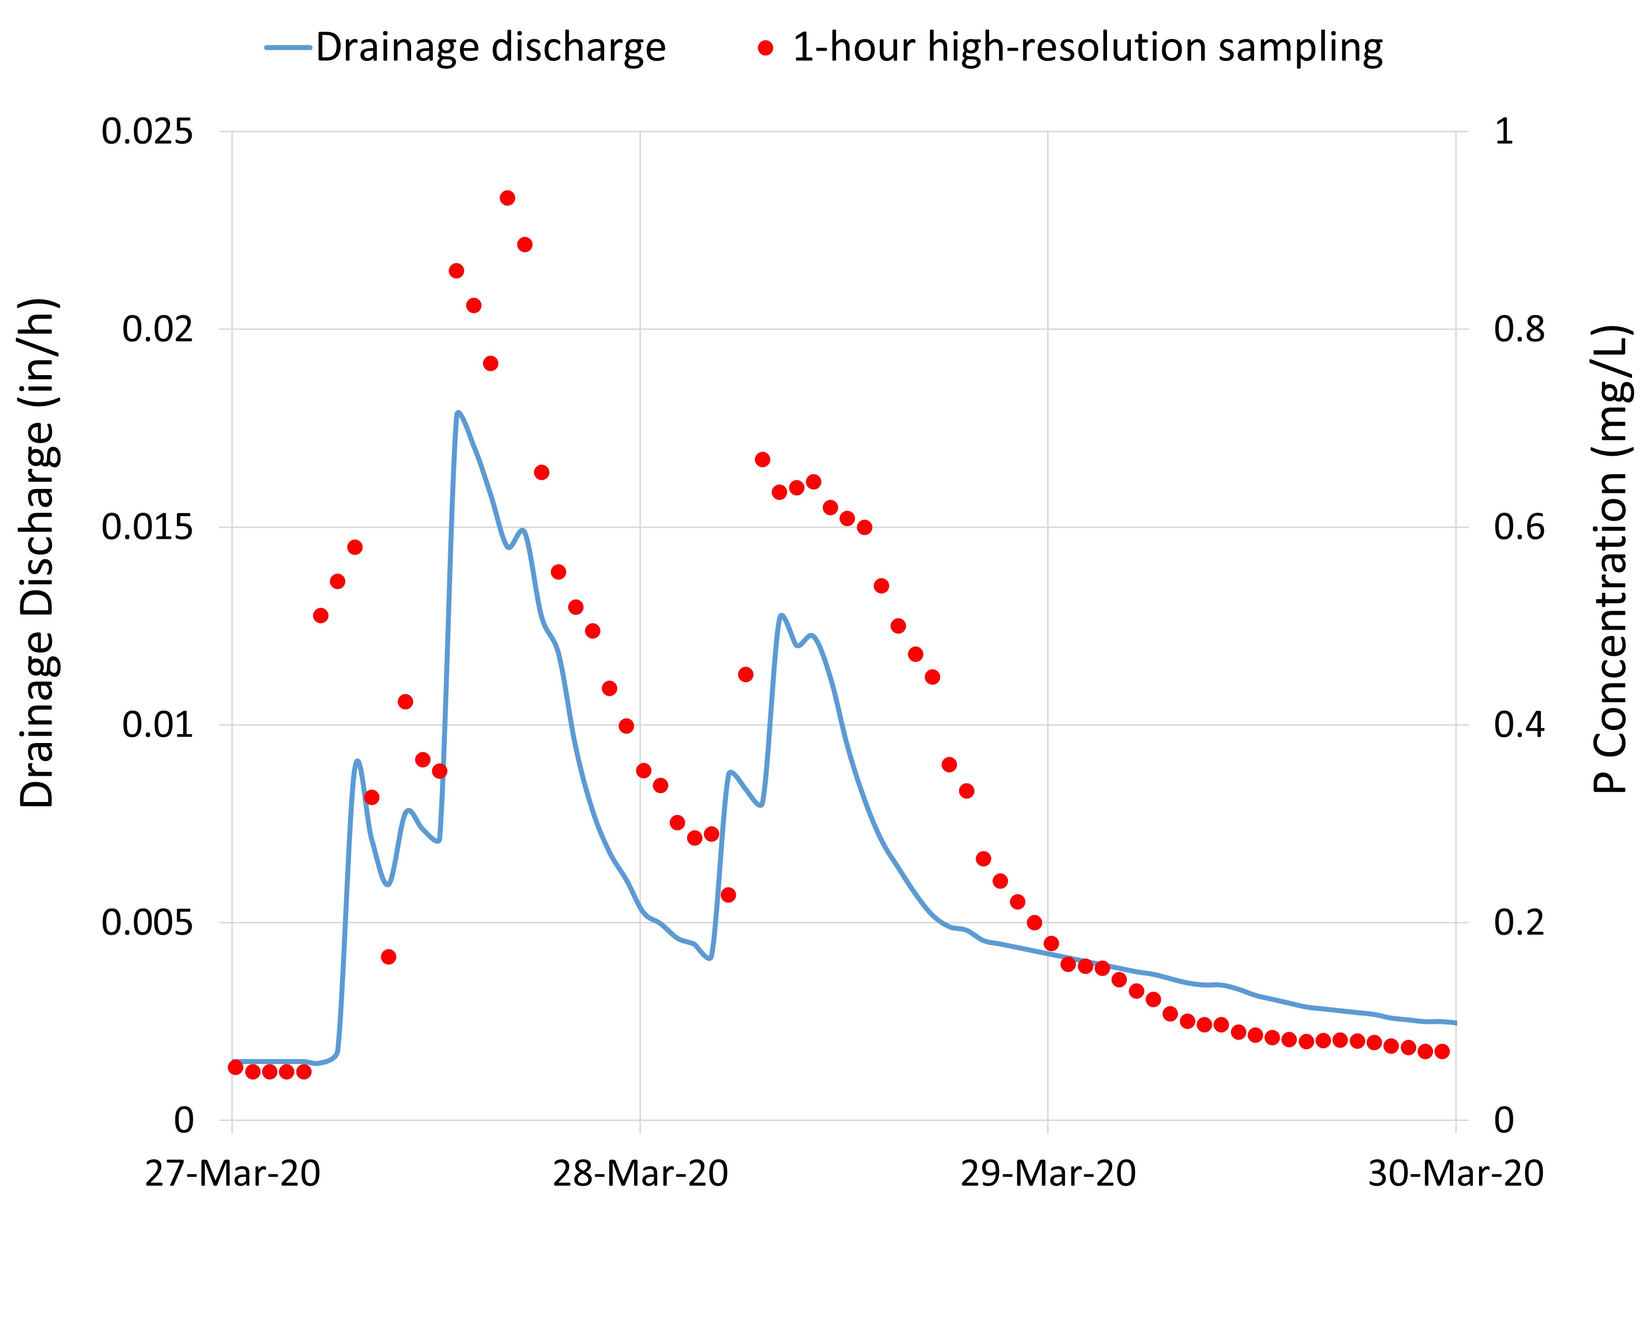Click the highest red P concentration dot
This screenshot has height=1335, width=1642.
(507, 198)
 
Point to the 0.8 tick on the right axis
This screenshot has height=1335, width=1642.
(1519, 329)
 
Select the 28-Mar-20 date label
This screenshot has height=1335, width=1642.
(640, 1174)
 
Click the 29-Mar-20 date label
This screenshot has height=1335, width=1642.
(1048, 1174)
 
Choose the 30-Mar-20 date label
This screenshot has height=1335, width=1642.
(1455, 1174)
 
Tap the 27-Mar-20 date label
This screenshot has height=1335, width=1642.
(232, 1174)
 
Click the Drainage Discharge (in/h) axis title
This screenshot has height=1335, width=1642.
(37, 552)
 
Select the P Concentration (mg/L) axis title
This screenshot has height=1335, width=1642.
(1610, 558)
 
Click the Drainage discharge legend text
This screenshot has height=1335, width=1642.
(490, 48)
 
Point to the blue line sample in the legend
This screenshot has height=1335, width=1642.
(288, 48)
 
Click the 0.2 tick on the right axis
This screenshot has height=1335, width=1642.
(1519, 922)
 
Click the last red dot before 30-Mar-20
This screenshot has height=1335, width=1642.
(1441, 1051)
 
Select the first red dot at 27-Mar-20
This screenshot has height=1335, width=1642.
(235, 1067)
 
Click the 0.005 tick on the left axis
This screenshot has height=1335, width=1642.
(148, 922)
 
